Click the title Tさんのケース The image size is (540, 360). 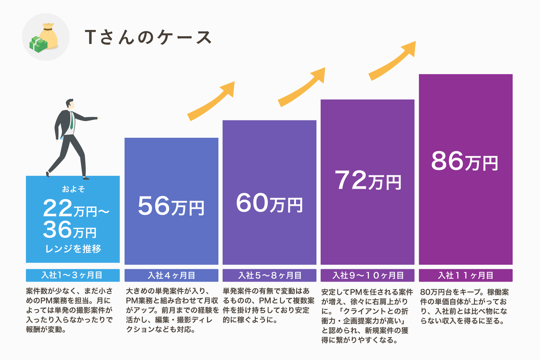click(x=148, y=37)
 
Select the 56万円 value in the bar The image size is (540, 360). click(x=171, y=206)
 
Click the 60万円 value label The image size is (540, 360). click(x=269, y=203)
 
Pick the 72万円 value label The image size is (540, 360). click(x=367, y=180)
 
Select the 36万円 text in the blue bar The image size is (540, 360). click(x=70, y=230)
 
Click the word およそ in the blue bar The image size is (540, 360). click(x=73, y=189)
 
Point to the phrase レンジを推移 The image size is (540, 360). click(x=73, y=249)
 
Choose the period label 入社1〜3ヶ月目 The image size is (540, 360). click(x=72, y=275)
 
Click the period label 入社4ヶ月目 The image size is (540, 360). click(x=171, y=275)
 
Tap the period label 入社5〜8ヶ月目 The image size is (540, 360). click(x=270, y=275)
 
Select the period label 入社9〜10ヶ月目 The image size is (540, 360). click(x=367, y=275)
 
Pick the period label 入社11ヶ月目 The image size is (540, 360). click(x=465, y=275)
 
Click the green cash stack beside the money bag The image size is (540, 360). click(x=38, y=44)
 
